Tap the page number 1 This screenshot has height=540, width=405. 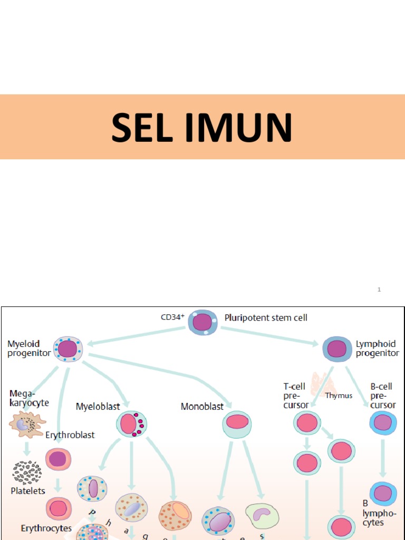[379, 289]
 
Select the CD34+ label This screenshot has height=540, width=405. [172, 317]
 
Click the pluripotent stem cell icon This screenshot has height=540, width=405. [202, 322]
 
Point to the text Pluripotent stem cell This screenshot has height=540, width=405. [266, 317]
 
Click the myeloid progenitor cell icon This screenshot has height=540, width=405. [68, 349]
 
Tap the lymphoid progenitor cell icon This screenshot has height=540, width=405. [336, 349]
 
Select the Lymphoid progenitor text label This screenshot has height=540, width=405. [377, 349]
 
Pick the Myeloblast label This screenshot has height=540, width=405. [98, 407]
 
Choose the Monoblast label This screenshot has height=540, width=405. [202, 407]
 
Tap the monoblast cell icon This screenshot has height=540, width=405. [237, 423]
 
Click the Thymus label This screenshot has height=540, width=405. [339, 396]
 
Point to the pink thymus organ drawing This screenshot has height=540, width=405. [321, 384]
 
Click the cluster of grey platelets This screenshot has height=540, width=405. [27, 472]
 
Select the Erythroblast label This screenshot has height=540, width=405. [70, 435]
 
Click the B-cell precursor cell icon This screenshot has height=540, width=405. [383, 423]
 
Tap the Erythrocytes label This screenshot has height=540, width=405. [46, 528]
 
